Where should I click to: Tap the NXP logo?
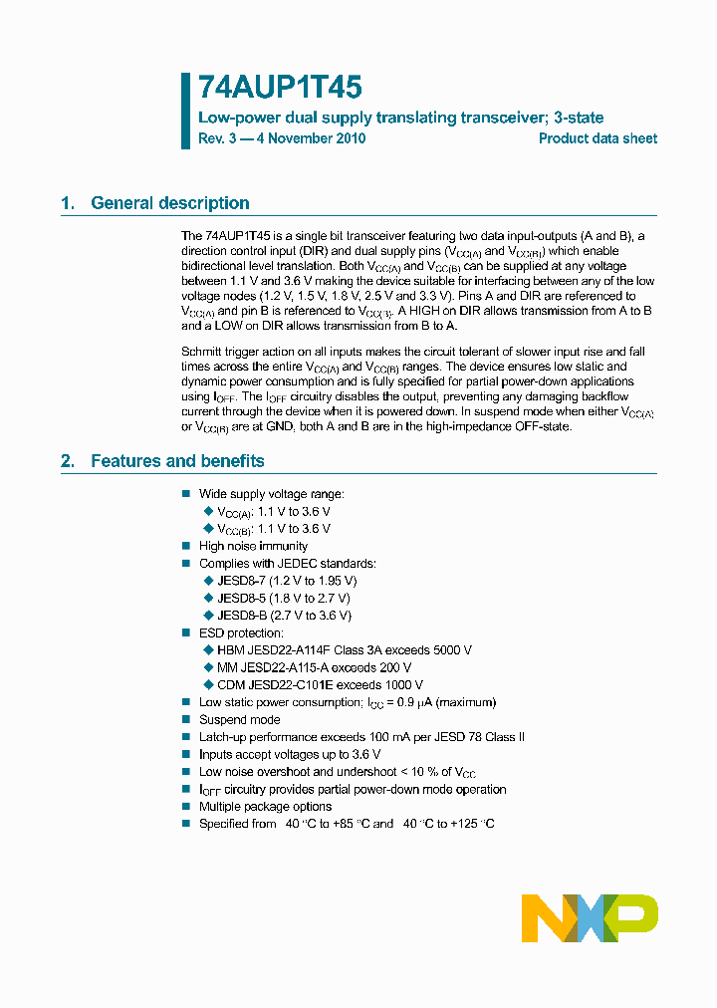pos(590,917)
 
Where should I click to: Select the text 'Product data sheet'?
pos(597,138)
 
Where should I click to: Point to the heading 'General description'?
pos(169,203)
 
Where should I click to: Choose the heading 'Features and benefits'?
pos(177,461)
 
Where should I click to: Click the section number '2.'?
pos(68,461)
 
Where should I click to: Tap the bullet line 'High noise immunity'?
pos(253,546)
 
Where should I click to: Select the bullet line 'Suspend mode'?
pos(239,720)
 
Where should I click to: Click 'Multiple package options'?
pos(265,807)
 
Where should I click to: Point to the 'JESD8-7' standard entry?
pos(241,581)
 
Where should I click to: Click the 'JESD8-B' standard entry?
pos(241,616)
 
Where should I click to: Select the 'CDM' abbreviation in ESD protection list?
pos(230,685)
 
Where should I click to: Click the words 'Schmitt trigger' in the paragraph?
pos(222,352)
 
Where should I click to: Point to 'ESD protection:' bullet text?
pos(241,633)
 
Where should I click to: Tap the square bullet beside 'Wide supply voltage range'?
pos(185,494)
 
